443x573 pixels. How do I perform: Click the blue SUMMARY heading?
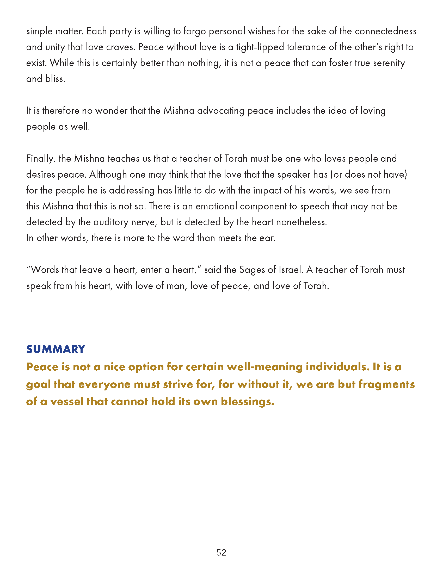point(56,349)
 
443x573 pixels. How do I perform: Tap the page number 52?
point(221,552)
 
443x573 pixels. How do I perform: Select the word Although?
point(108,175)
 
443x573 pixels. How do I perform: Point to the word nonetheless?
point(301,222)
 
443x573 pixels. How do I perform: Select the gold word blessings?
point(247,402)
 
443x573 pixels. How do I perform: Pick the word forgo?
point(194,32)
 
